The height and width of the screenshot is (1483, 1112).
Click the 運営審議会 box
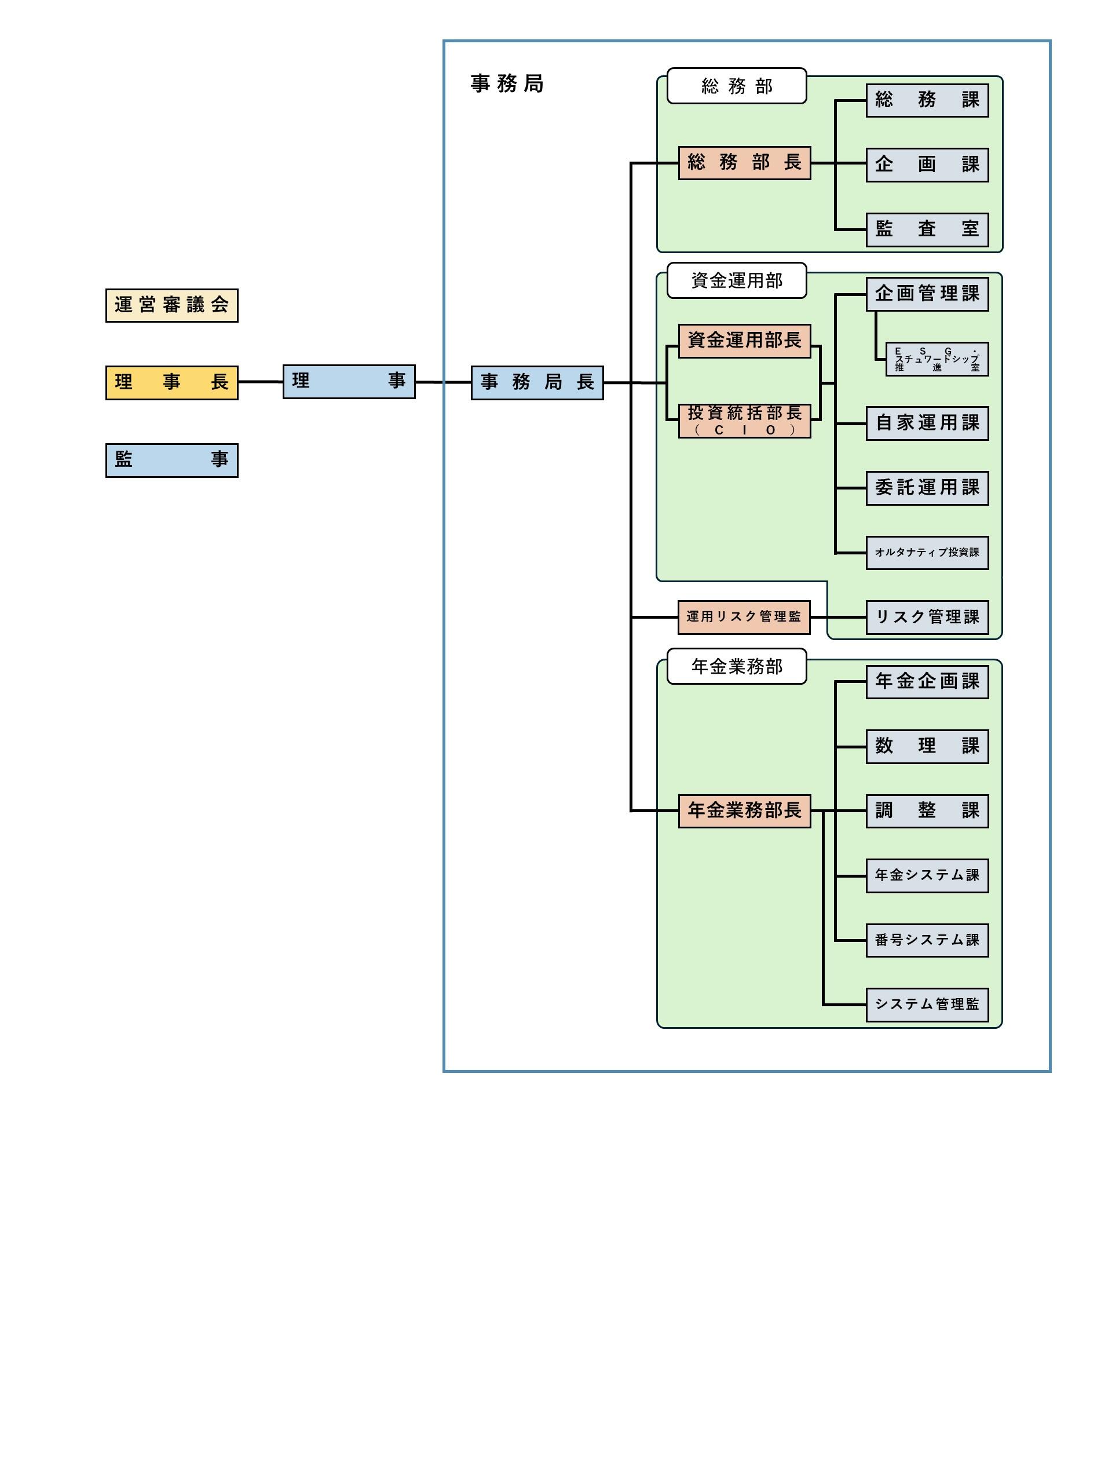[171, 306]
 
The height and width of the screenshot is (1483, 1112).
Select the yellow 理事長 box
[171, 382]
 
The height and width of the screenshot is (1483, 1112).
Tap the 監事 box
[171, 460]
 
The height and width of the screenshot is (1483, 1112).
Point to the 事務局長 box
[537, 382]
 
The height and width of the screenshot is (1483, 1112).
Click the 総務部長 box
[744, 163]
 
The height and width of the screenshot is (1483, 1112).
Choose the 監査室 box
[927, 230]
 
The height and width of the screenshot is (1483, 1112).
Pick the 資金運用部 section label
[736, 280]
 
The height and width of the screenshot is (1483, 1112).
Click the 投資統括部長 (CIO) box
[744, 421]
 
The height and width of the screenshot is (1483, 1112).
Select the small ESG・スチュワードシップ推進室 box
[937, 359]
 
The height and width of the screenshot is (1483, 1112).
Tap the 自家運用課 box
[927, 423]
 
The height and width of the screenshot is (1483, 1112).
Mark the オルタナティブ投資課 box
[927, 553]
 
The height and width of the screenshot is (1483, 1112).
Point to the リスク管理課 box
[927, 617]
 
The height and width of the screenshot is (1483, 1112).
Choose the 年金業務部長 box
[744, 810]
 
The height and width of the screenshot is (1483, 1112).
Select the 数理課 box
[927, 746]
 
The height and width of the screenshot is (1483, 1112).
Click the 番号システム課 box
[927, 940]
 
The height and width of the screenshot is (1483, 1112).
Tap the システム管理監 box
[927, 1005]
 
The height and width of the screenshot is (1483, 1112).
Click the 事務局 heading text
[507, 84]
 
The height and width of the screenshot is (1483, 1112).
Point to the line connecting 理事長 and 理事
[260, 382]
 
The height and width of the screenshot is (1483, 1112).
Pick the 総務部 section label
[736, 86]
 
